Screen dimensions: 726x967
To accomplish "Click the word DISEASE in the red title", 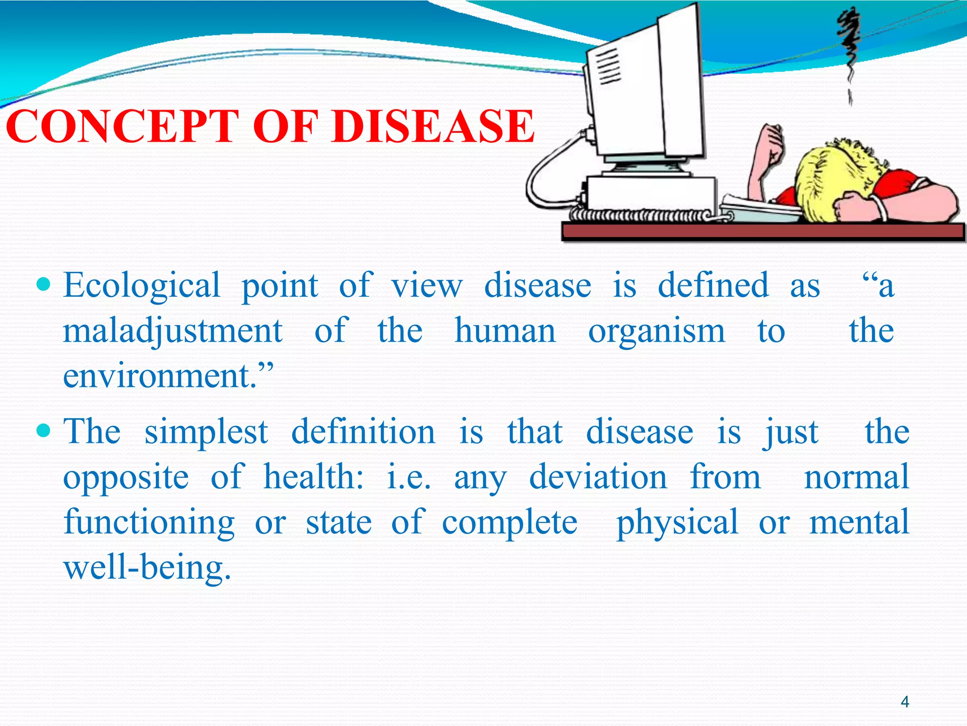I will click(433, 126).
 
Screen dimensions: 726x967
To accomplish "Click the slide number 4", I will click(905, 701).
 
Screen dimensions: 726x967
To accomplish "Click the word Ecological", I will click(142, 286).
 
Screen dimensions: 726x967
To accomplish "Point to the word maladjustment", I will click(173, 331).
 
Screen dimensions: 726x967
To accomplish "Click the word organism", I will click(656, 332).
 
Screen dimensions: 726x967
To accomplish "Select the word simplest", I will click(206, 432).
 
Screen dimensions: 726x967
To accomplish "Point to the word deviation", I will click(598, 476).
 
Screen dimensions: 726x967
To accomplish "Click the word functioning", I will click(149, 522).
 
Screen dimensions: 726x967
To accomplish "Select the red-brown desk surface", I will click(760, 232).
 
